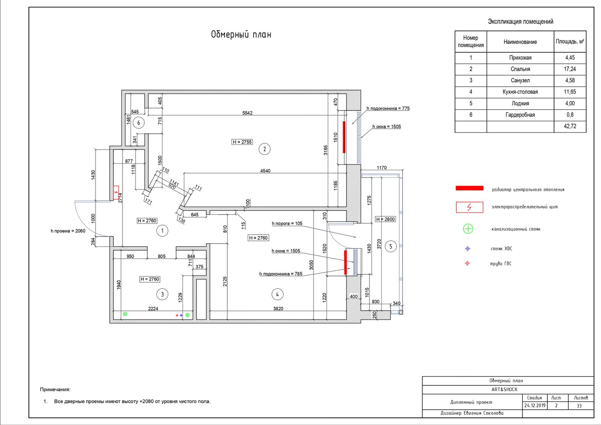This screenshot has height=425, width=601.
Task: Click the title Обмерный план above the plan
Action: coord(241,35)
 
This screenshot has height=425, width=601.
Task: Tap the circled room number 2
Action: coord(264,149)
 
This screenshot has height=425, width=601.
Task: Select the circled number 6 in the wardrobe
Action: coord(139,123)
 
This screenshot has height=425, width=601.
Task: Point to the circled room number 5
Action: coord(391,246)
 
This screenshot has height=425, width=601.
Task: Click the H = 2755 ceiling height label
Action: coord(242,142)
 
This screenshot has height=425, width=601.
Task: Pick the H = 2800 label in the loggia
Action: coord(385,219)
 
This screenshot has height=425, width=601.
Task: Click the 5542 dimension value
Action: coord(248,113)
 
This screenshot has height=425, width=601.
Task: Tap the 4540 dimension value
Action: coord(265,171)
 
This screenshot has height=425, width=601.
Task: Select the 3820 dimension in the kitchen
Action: coord(278,309)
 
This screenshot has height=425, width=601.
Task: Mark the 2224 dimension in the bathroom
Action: coord(153,309)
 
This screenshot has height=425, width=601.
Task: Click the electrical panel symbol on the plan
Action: coord(116,193)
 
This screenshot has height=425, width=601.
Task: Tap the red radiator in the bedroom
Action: coord(344,137)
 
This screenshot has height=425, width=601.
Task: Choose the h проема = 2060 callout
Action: coord(68,231)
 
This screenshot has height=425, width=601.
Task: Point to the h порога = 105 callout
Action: coord(287,223)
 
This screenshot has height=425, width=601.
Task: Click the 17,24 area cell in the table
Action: coord(570,69)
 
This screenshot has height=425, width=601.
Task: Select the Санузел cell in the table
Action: coord(520,80)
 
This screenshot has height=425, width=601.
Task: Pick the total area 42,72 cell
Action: coord(570,126)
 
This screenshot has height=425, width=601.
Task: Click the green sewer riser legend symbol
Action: coord(468,229)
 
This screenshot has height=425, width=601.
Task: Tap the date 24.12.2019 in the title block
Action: coord(535,405)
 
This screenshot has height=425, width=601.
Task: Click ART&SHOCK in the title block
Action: coord(504,389)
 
